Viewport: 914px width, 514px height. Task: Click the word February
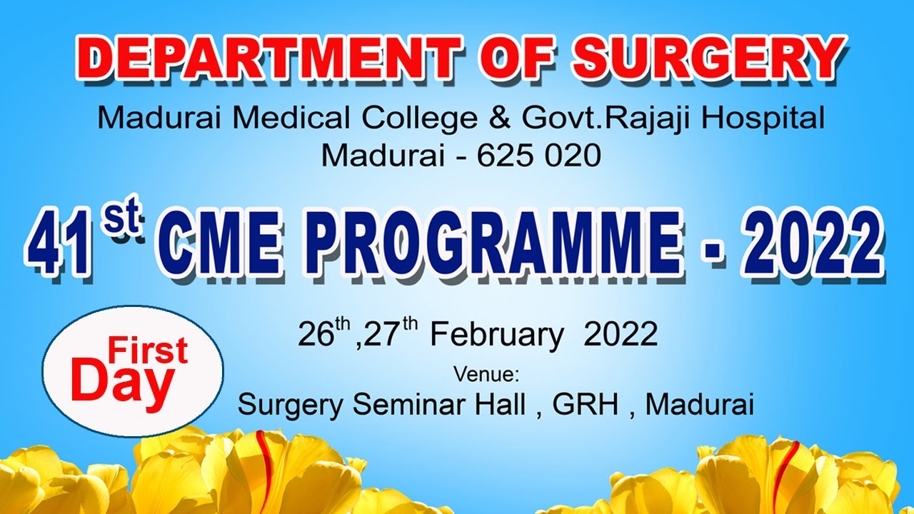point(496,335)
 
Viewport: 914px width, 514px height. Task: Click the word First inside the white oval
point(147,351)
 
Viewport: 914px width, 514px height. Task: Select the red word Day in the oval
point(122,381)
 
